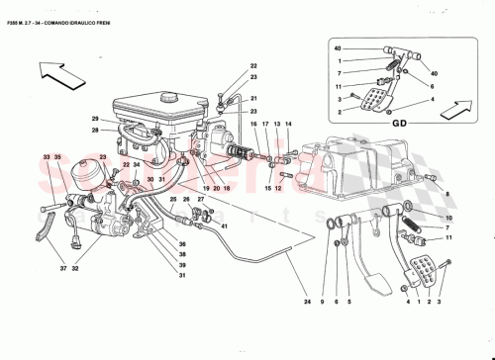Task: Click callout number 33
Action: tap(46, 157)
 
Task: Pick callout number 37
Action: tap(63, 267)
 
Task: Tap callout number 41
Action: tap(225, 226)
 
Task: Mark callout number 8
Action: tap(447, 196)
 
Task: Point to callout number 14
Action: tap(289, 124)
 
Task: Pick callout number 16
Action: tap(253, 124)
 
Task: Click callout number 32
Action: tap(75, 267)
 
